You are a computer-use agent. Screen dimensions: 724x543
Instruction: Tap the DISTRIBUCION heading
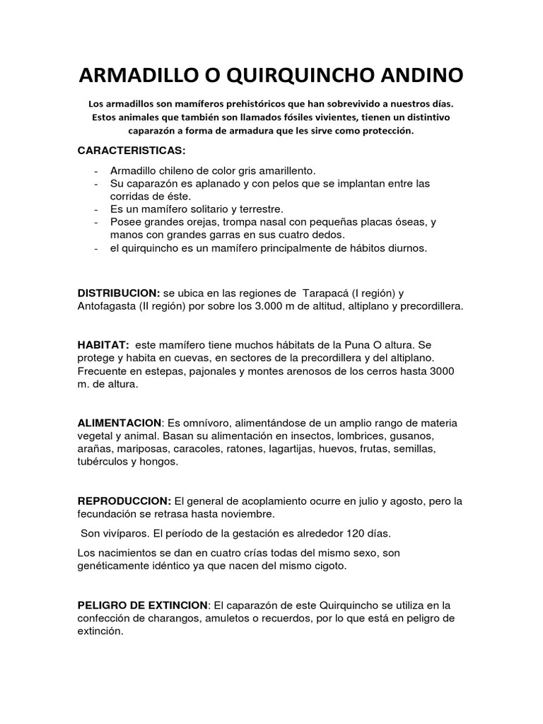tap(118, 293)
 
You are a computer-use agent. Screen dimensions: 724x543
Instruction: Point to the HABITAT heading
tap(103, 346)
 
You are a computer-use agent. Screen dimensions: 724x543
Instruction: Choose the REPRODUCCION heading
tap(124, 501)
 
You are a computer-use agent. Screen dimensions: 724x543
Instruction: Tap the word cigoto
tap(329, 566)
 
